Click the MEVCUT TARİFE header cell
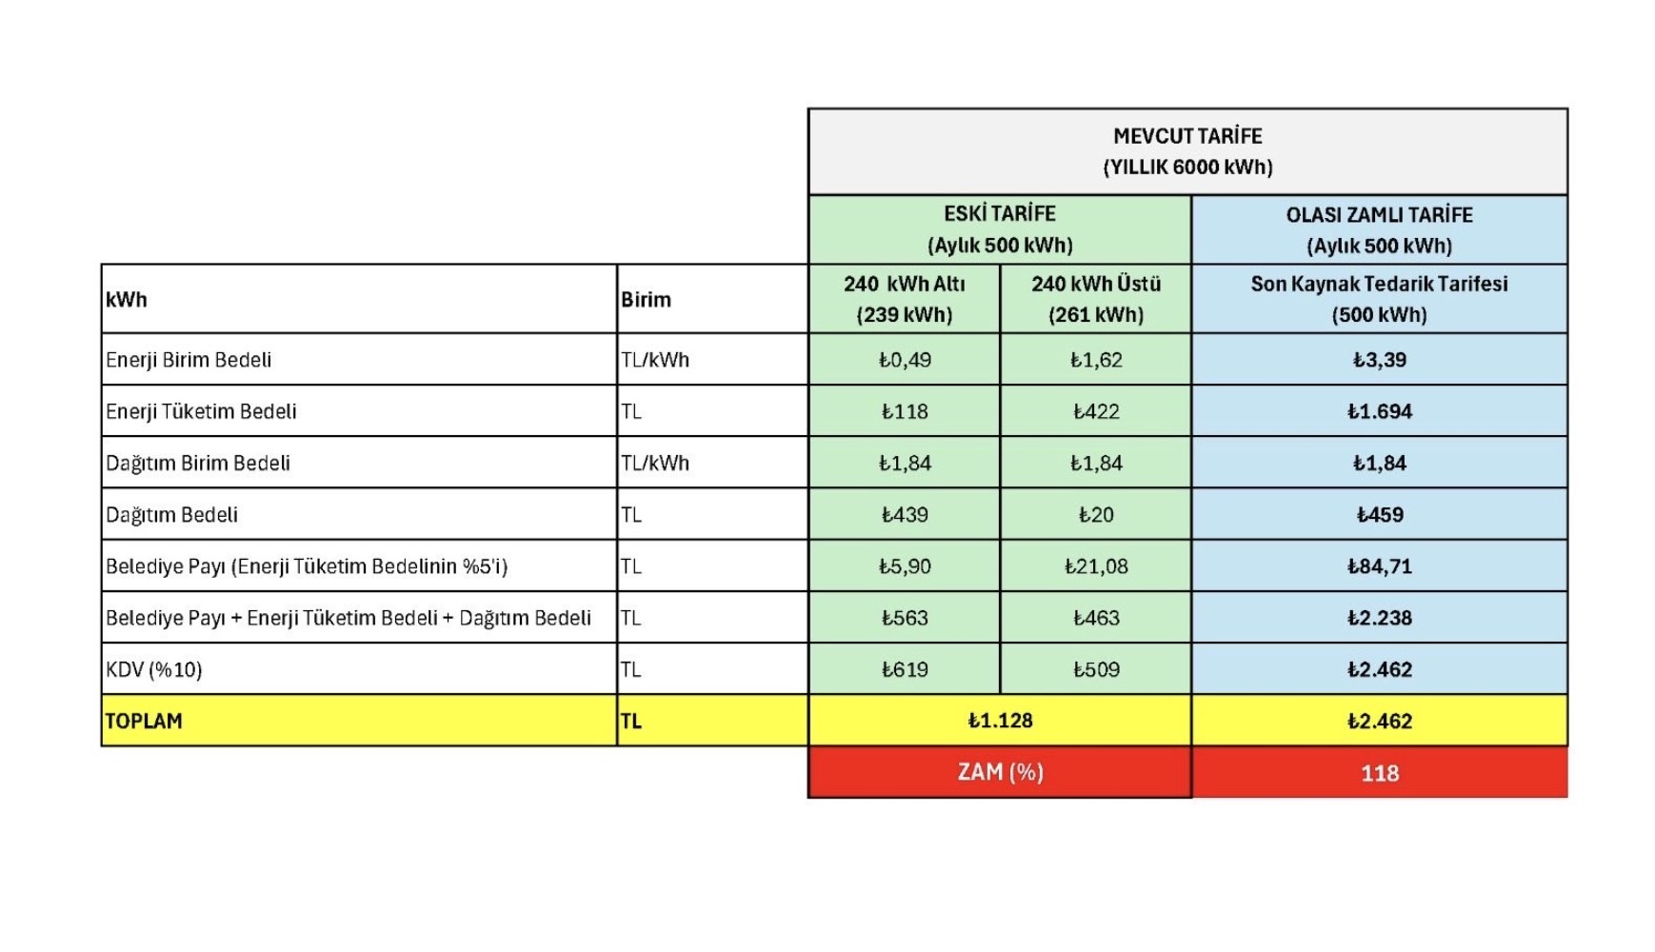click(1187, 151)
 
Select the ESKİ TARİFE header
click(1000, 229)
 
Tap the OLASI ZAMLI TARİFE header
click(1379, 229)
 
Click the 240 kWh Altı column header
click(904, 299)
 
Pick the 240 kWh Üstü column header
click(1095, 299)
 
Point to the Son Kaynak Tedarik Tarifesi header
click(1379, 299)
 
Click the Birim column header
click(647, 300)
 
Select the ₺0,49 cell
click(904, 360)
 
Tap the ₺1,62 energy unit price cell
click(1095, 360)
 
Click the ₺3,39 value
click(1379, 360)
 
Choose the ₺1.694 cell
click(1379, 411)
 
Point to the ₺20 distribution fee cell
click(1095, 515)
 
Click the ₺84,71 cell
click(1379, 566)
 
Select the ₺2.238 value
click(1379, 618)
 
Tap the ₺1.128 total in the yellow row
click(1000, 721)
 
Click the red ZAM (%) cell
click(1000, 772)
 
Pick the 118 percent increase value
click(1379, 773)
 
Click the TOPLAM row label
click(144, 722)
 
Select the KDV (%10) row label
click(154, 670)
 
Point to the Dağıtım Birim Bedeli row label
click(198, 464)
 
